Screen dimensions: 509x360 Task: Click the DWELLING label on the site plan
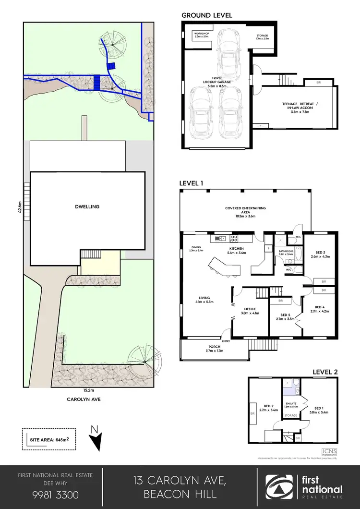(x=87, y=206)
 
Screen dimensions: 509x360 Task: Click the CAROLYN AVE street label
(x=86, y=398)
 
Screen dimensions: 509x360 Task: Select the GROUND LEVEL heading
(x=206, y=15)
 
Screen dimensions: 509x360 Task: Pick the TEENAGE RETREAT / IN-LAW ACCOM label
(x=299, y=106)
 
